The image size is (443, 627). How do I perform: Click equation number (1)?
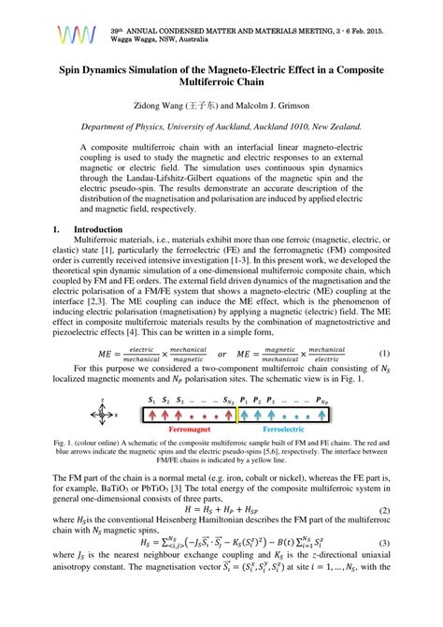click(x=383, y=354)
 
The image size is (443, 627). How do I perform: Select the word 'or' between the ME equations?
click(x=221, y=354)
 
